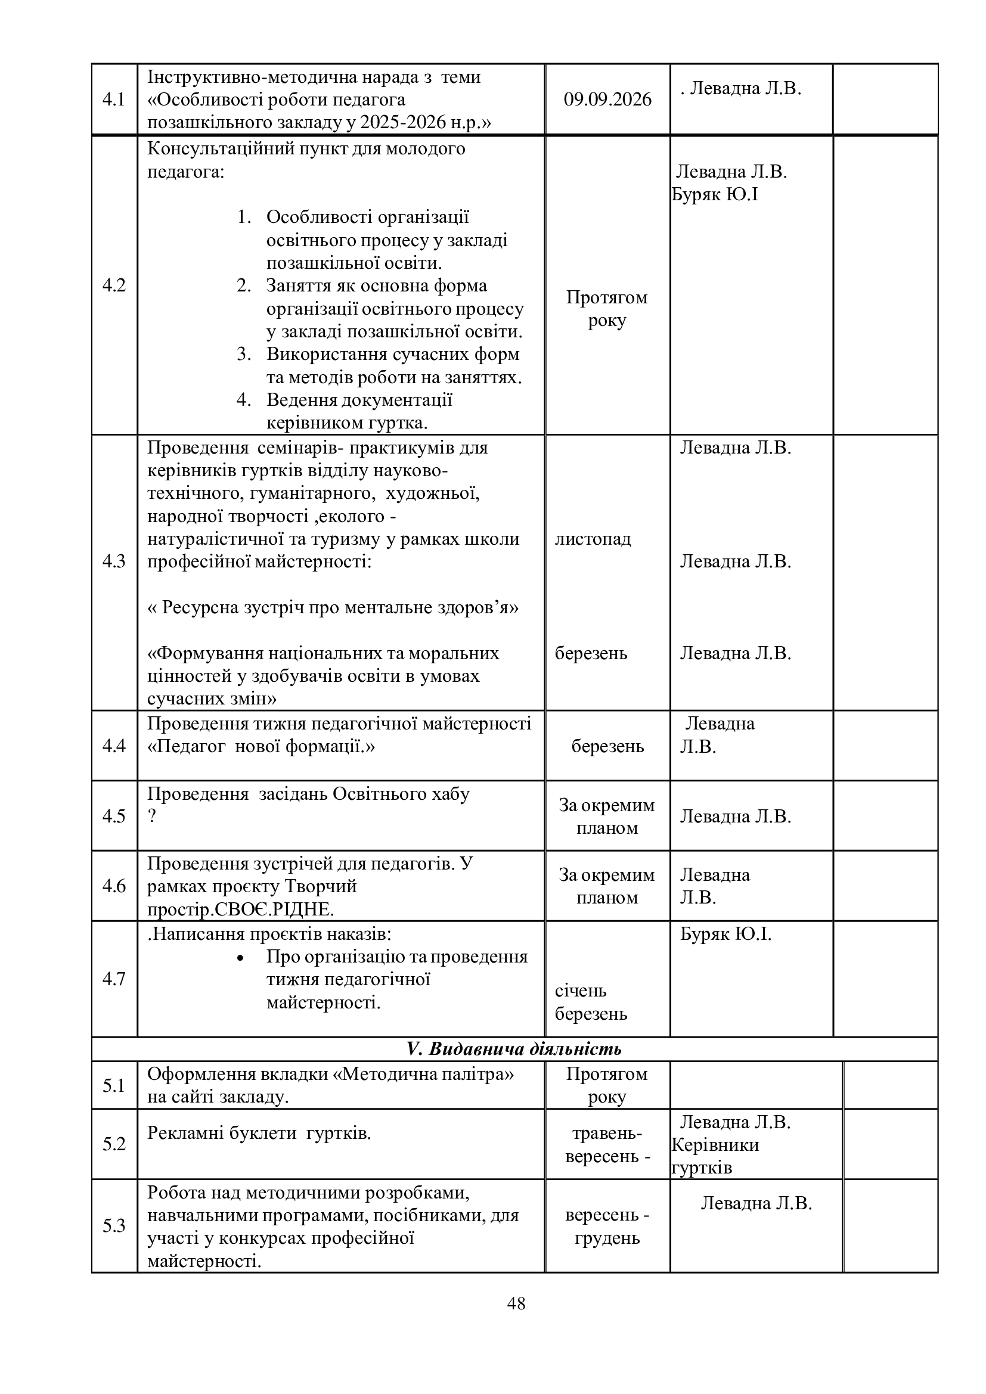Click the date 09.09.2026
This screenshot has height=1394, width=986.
[607, 99]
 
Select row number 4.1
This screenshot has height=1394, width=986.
[113, 99]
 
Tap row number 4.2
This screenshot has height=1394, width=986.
[113, 285]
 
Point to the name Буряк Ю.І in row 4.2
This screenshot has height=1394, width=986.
[715, 195]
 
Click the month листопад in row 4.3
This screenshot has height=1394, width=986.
[593, 539]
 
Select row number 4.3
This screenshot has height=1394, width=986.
[113, 561]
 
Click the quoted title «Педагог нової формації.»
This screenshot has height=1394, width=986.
[261, 746]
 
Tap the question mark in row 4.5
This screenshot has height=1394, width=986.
[152, 816]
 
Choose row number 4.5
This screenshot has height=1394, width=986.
[113, 816]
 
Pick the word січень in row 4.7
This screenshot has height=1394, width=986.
[581, 991]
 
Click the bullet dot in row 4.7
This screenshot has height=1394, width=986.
[240, 958]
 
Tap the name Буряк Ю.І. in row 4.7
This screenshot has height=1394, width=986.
[725, 934]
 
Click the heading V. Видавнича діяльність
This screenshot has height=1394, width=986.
[514, 1049]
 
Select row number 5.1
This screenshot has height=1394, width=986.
[113, 1085]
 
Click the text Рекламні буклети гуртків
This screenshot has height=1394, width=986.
[259, 1133]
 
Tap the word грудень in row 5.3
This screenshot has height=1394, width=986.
[607, 1238]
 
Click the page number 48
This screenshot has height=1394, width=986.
[516, 1303]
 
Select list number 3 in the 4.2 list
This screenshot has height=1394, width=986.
[244, 354]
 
